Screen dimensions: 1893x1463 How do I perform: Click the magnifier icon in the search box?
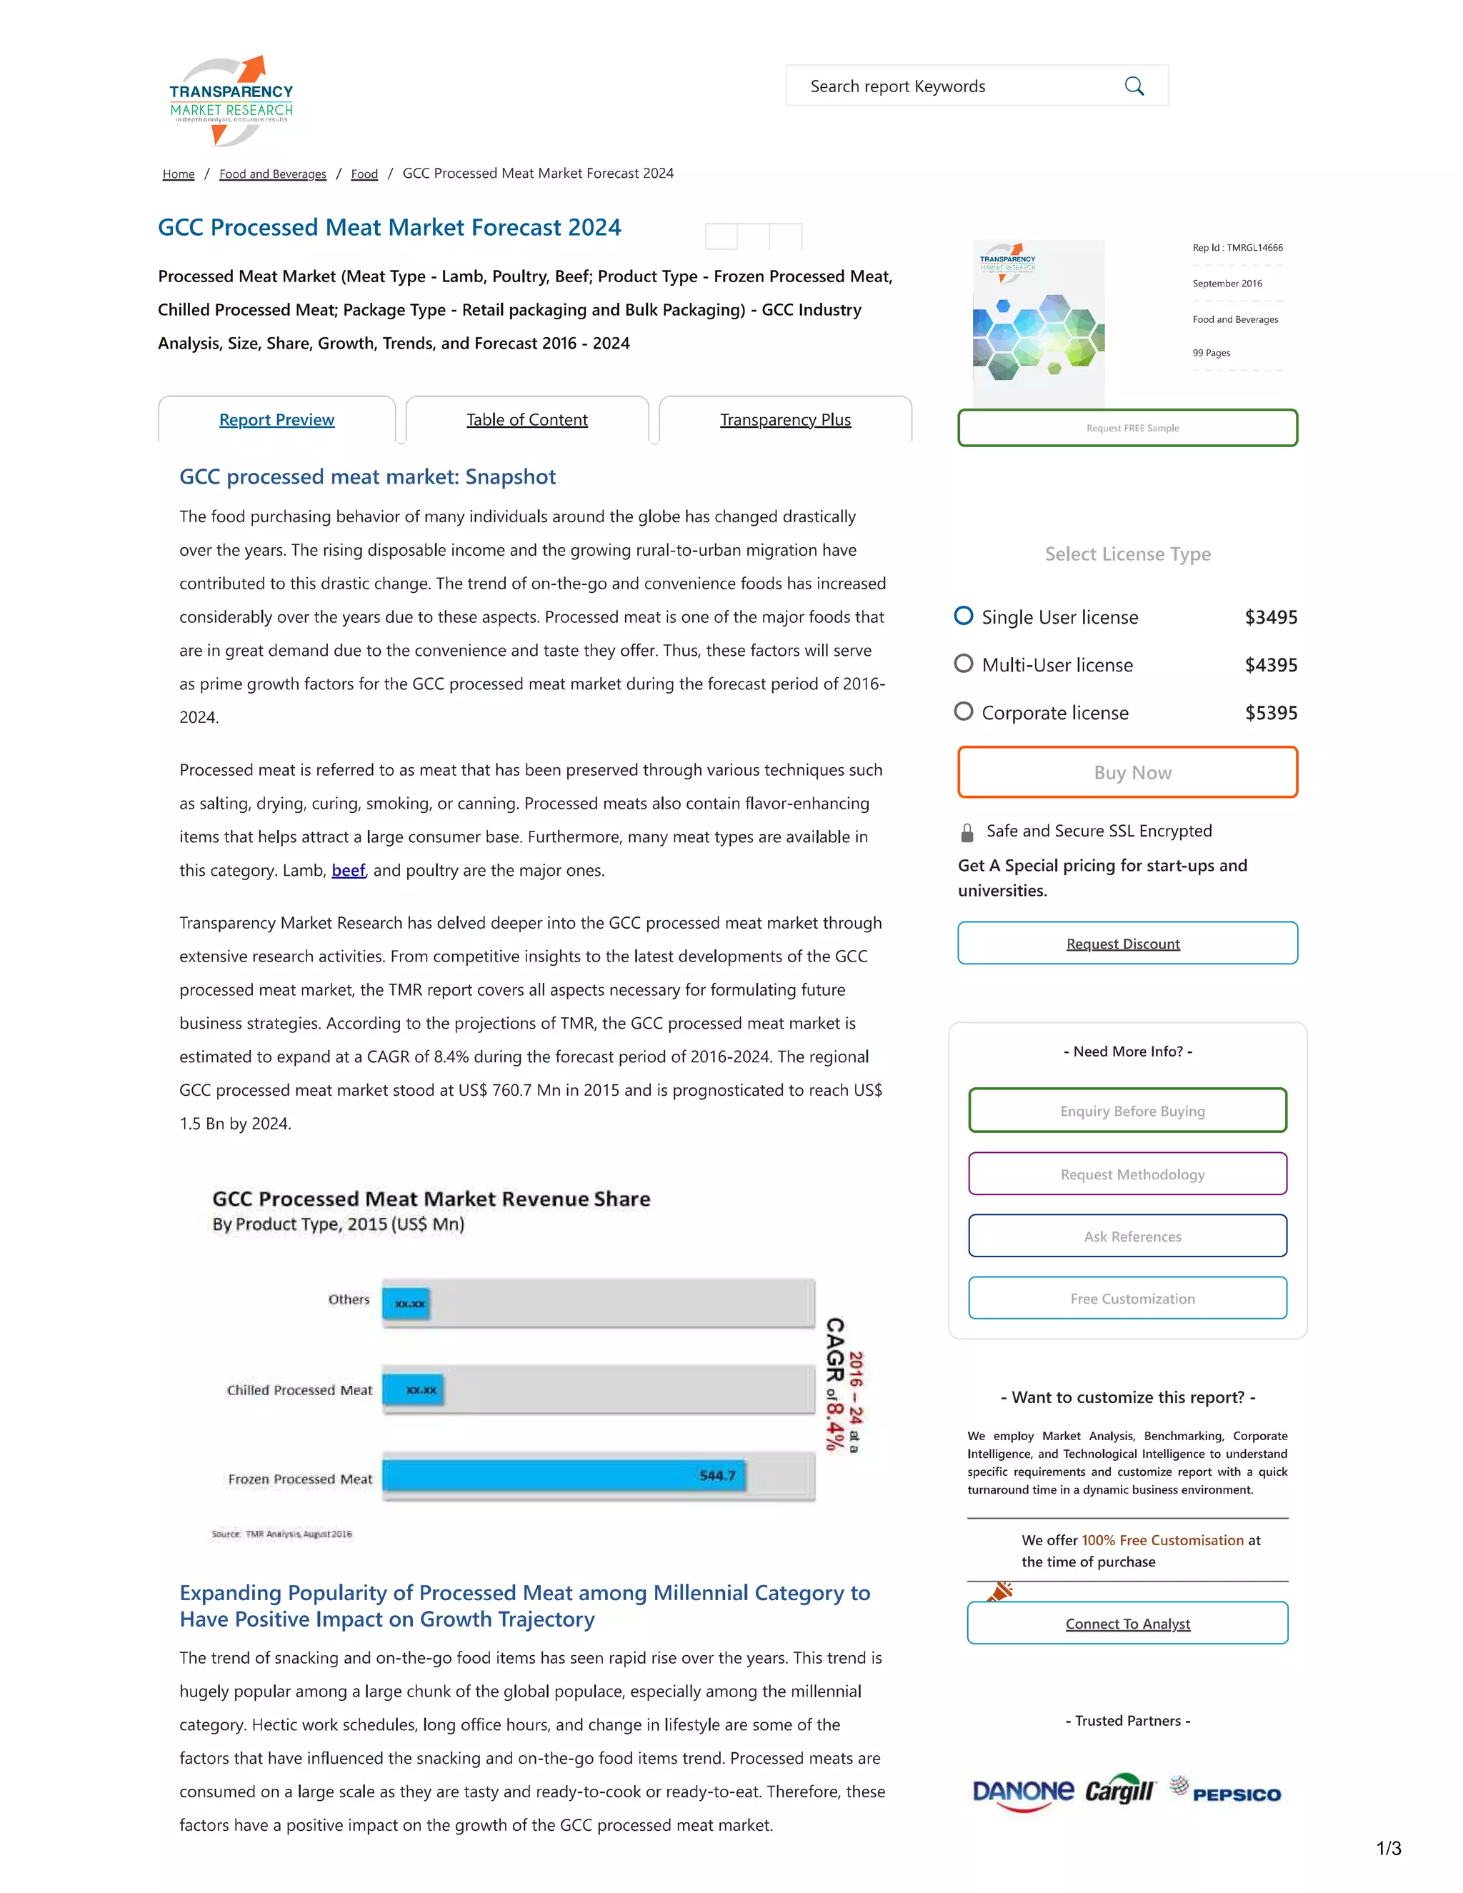click(x=1134, y=86)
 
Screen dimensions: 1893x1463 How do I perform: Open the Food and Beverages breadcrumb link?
click(x=272, y=174)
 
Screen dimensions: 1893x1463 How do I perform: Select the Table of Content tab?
click(x=527, y=420)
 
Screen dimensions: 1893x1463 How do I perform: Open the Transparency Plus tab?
click(x=785, y=420)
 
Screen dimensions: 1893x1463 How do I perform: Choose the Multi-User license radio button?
click(x=963, y=664)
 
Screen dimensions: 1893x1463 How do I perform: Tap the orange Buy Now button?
click(x=1127, y=772)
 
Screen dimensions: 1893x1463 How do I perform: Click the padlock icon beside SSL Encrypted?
click(x=967, y=833)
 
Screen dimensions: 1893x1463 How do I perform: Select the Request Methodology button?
click(x=1127, y=1174)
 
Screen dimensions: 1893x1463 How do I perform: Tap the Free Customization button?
click(x=1127, y=1299)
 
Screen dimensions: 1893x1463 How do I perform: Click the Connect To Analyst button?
click(x=1127, y=1624)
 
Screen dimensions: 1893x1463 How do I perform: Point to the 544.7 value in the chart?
click(x=716, y=1475)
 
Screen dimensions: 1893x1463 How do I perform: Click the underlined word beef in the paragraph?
click(x=349, y=870)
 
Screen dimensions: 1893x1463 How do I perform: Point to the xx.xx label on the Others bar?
click(x=409, y=1304)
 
